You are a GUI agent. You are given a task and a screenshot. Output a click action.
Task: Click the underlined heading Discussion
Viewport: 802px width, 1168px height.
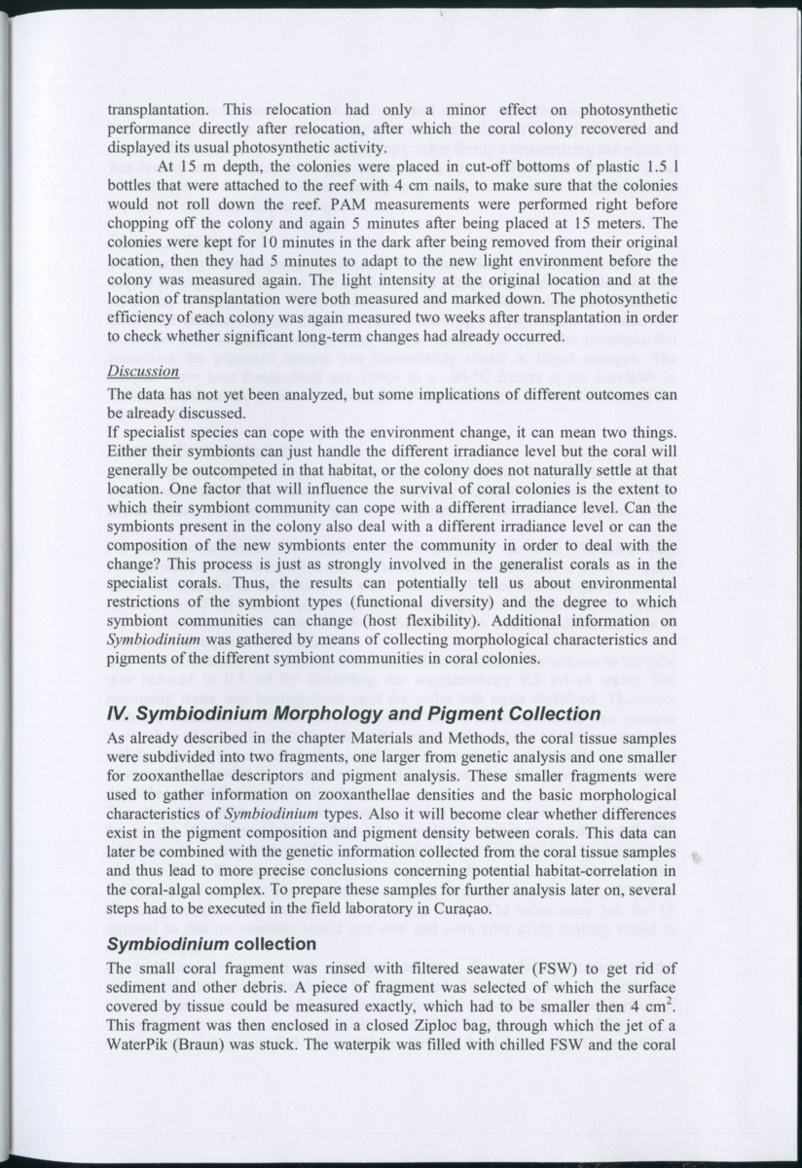click(x=142, y=371)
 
